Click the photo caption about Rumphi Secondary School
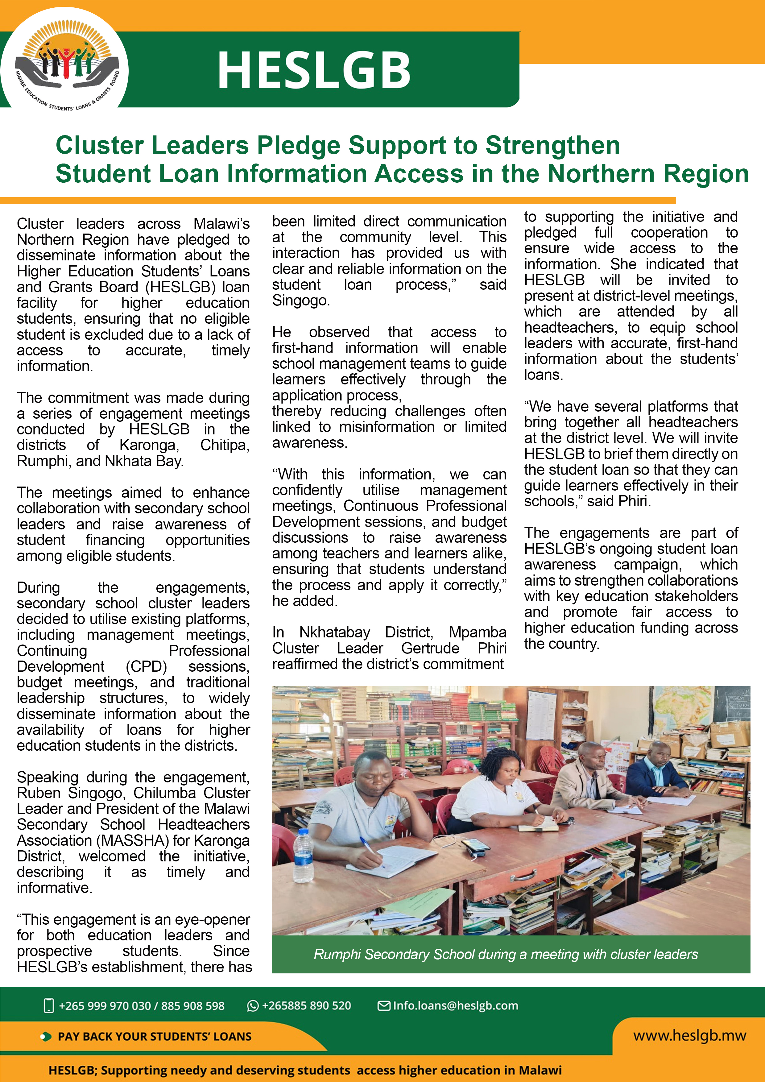[506, 954]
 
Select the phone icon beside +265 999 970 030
[48, 1006]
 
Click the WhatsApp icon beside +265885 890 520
[253, 1006]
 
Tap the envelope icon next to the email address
[384, 1006]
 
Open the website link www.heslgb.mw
[689, 1035]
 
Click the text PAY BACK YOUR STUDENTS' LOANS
[155, 1036]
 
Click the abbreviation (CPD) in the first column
[146, 666]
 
